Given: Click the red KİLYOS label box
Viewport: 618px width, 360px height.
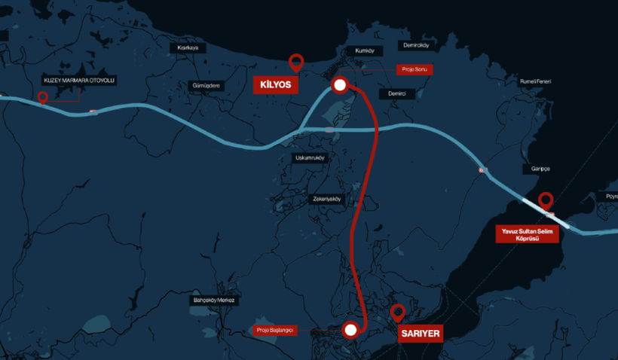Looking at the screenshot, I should coord(275,84).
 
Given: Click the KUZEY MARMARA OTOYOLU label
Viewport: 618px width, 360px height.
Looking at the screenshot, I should coord(80,80).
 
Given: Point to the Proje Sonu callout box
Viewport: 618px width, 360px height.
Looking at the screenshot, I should coord(415,69).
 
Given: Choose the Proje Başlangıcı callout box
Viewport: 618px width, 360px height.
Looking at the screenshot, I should coord(274,330).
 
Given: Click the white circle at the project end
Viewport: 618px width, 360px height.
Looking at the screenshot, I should coord(339,85).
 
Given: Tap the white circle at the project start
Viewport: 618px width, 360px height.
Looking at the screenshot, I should coord(350,329).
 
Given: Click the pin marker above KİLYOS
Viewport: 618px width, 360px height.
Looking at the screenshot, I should coord(297,63).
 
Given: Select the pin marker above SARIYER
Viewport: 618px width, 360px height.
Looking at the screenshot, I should coord(397,313).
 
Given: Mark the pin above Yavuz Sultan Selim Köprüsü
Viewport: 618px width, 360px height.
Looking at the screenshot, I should coord(546,200).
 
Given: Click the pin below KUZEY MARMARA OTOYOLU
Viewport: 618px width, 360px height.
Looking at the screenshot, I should coord(42,97).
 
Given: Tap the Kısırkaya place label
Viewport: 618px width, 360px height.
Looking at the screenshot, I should coord(187,47).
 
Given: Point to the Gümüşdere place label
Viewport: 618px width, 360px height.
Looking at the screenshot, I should coord(206,86).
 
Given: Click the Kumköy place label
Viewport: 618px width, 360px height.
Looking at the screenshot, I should coord(364,50).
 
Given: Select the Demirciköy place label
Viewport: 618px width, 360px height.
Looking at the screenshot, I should coord(416,45).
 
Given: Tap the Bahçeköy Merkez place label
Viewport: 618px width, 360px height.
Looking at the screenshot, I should coord(215,301).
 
